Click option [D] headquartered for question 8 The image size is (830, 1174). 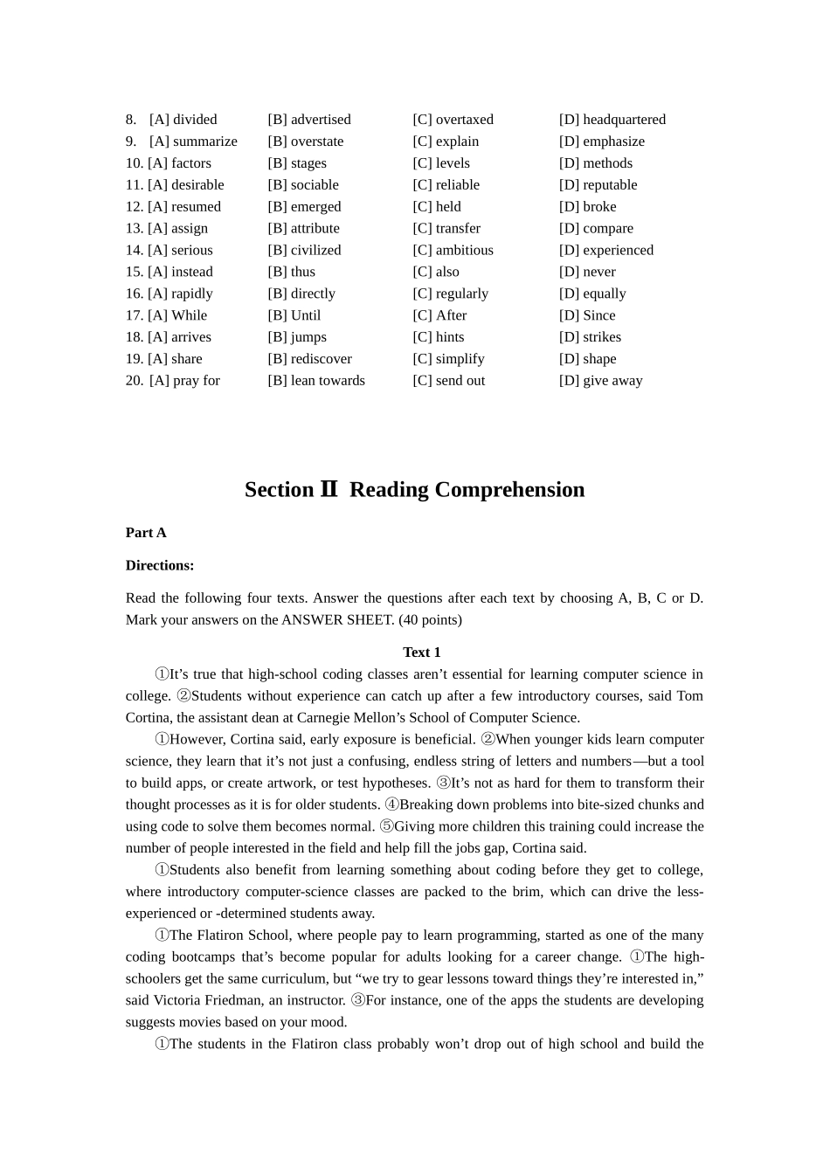[x=612, y=120]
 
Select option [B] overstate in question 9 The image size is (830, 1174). [x=305, y=142]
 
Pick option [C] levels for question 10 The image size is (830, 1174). [x=441, y=163]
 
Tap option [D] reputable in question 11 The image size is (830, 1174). [x=598, y=185]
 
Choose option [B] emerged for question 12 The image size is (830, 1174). [x=304, y=207]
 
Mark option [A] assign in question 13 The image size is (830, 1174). [x=178, y=229]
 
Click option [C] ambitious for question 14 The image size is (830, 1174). [x=453, y=250]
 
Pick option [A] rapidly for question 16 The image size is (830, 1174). [x=180, y=293]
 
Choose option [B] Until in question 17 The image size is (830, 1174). [x=294, y=315]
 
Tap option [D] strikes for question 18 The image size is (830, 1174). [x=590, y=337]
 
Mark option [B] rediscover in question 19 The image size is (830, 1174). [x=309, y=359]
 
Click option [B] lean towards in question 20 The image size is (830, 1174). [x=316, y=381]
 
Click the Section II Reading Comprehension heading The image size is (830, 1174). [x=414, y=490]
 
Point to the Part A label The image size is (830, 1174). [x=146, y=533]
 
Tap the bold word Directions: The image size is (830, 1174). [x=160, y=565]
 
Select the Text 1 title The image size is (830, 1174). [x=421, y=653]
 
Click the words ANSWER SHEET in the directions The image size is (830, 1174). [x=337, y=620]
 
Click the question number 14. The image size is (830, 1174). [x=134, y=250]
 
